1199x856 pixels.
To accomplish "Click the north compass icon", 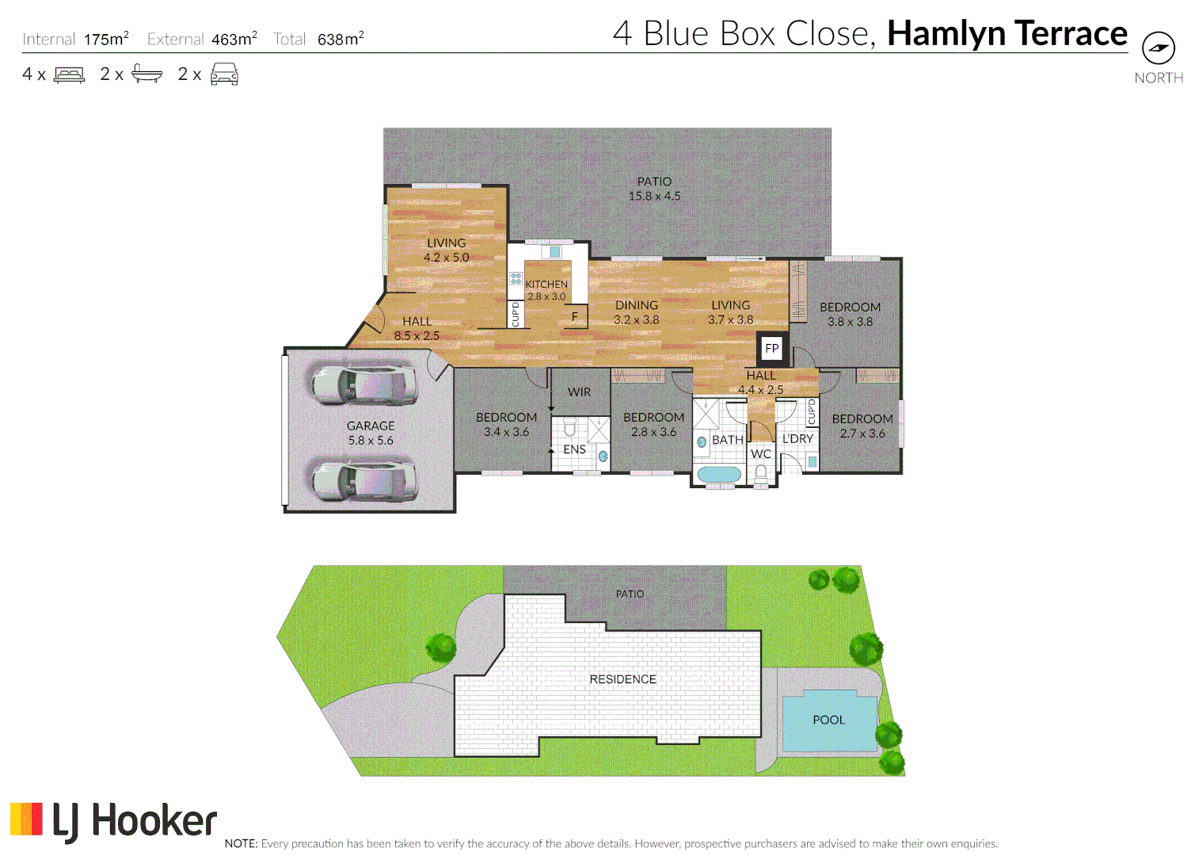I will point(1158,48).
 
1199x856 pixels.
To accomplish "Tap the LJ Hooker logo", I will point(113,820).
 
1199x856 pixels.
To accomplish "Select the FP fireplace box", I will point(771,348).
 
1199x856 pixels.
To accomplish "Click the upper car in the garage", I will point(364,384).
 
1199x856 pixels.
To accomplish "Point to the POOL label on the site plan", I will point(828,720).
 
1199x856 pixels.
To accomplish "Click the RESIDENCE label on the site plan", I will point(622,679).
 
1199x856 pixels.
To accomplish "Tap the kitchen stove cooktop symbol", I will point(516,279).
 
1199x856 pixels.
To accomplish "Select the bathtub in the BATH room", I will point(719,475).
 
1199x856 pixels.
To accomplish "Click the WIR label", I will point(579,392).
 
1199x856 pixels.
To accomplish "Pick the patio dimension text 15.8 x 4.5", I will point(654,196).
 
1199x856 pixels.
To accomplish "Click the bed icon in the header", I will point(69,75).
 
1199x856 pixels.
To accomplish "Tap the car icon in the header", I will point(224,75).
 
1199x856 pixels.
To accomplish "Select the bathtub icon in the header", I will point(147,75).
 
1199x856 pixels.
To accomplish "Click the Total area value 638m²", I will point(341,39).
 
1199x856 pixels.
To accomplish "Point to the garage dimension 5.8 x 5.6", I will point(370,441).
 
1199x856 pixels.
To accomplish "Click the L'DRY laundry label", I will point(797,438).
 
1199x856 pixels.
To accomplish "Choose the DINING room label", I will point(636,305).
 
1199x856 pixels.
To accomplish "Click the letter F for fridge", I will point(575,316).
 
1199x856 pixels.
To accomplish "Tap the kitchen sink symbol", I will point(554,252).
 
